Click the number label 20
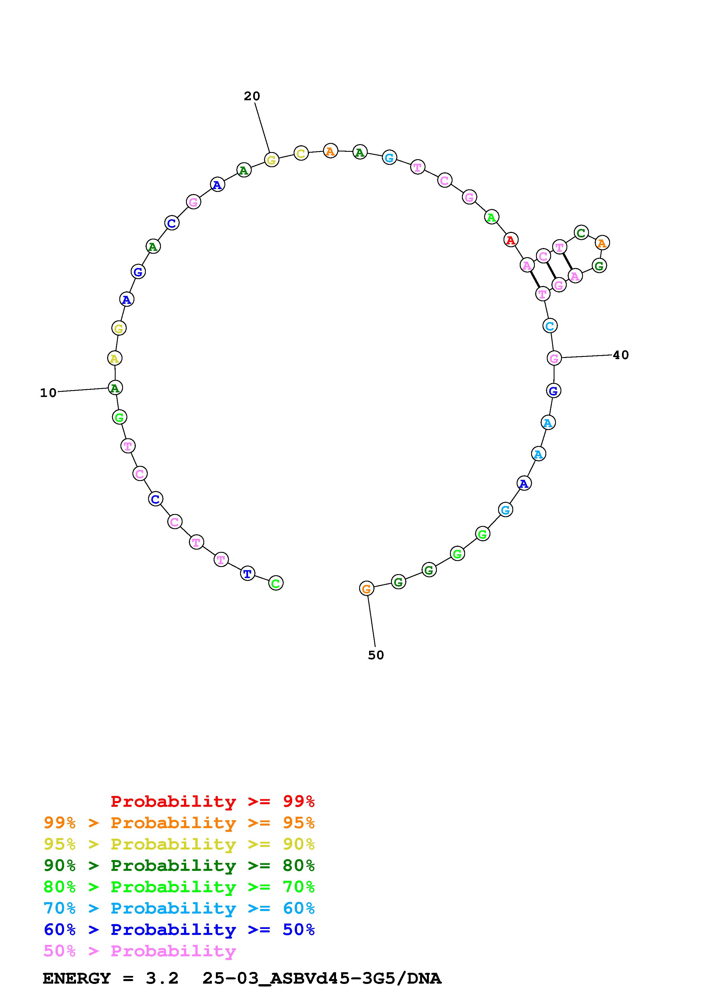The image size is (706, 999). tap(252, 96)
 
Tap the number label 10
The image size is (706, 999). tap(48, 393)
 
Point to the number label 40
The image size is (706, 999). tap(621, 355)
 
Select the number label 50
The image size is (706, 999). tap(376, 655)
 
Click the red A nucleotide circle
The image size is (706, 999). tap(511, 240)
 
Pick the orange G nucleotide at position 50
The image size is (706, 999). tap(367, 589)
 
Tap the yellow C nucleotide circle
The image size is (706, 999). tap(301, 153)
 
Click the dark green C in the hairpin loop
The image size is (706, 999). tap(581, 233)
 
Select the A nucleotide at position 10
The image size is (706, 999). tap(115, 388)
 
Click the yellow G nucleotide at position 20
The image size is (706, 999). tap(271, 160)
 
